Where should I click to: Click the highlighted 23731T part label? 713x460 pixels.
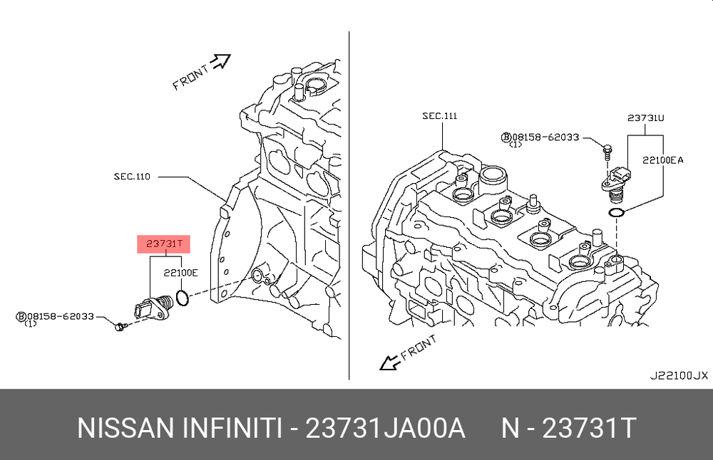[164, 244]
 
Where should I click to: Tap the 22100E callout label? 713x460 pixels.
[180, 273]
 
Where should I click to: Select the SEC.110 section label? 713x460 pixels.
[132, 176]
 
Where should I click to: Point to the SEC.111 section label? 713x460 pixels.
[440, 116]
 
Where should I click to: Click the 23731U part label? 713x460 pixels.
[646, 118]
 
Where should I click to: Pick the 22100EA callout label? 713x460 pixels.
[662, 160]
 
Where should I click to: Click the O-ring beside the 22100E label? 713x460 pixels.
[183, 298]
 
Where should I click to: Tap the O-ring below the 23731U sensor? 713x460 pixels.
[617, 212]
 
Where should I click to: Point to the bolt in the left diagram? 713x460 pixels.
[120, 326]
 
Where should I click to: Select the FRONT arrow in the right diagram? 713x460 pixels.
[390, 362]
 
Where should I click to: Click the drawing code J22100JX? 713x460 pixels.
[679, 375]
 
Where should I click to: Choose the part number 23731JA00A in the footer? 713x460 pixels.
[385, 428]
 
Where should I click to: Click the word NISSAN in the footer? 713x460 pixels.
[125, 428]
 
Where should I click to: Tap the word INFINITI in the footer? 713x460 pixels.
[232, 428]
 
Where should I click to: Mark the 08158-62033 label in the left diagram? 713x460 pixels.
[61, 316]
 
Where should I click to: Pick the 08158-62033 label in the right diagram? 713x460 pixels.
[545, 137]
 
